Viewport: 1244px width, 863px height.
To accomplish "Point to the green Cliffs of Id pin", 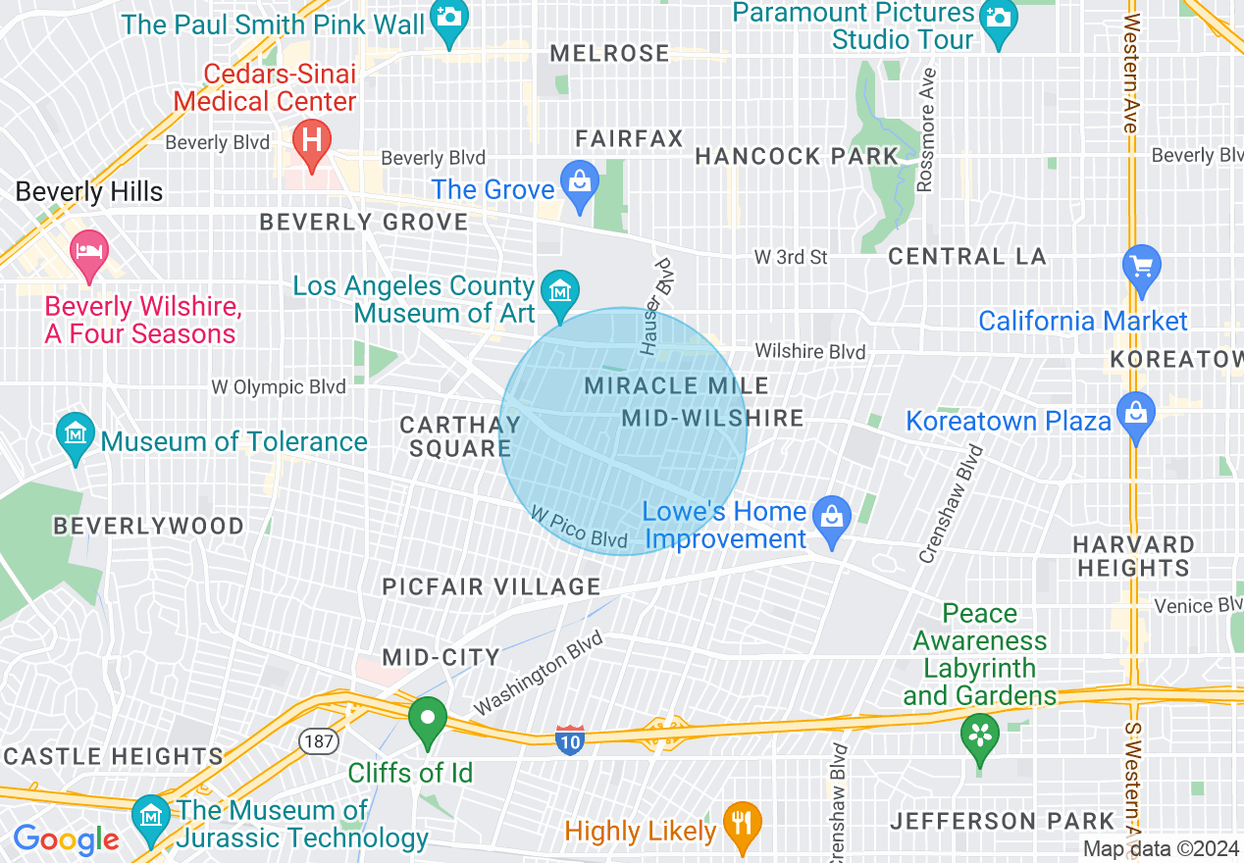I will tap(428, 721).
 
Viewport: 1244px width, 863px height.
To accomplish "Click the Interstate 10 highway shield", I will tap(570, 739).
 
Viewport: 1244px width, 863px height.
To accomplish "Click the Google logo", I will tap(66, 839).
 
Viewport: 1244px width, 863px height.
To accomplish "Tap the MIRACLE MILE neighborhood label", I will tap(676, 385).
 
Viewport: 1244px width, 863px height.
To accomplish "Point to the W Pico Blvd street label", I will tap(579, 528).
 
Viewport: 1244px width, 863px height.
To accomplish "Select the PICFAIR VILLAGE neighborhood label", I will tap(491, 586).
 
